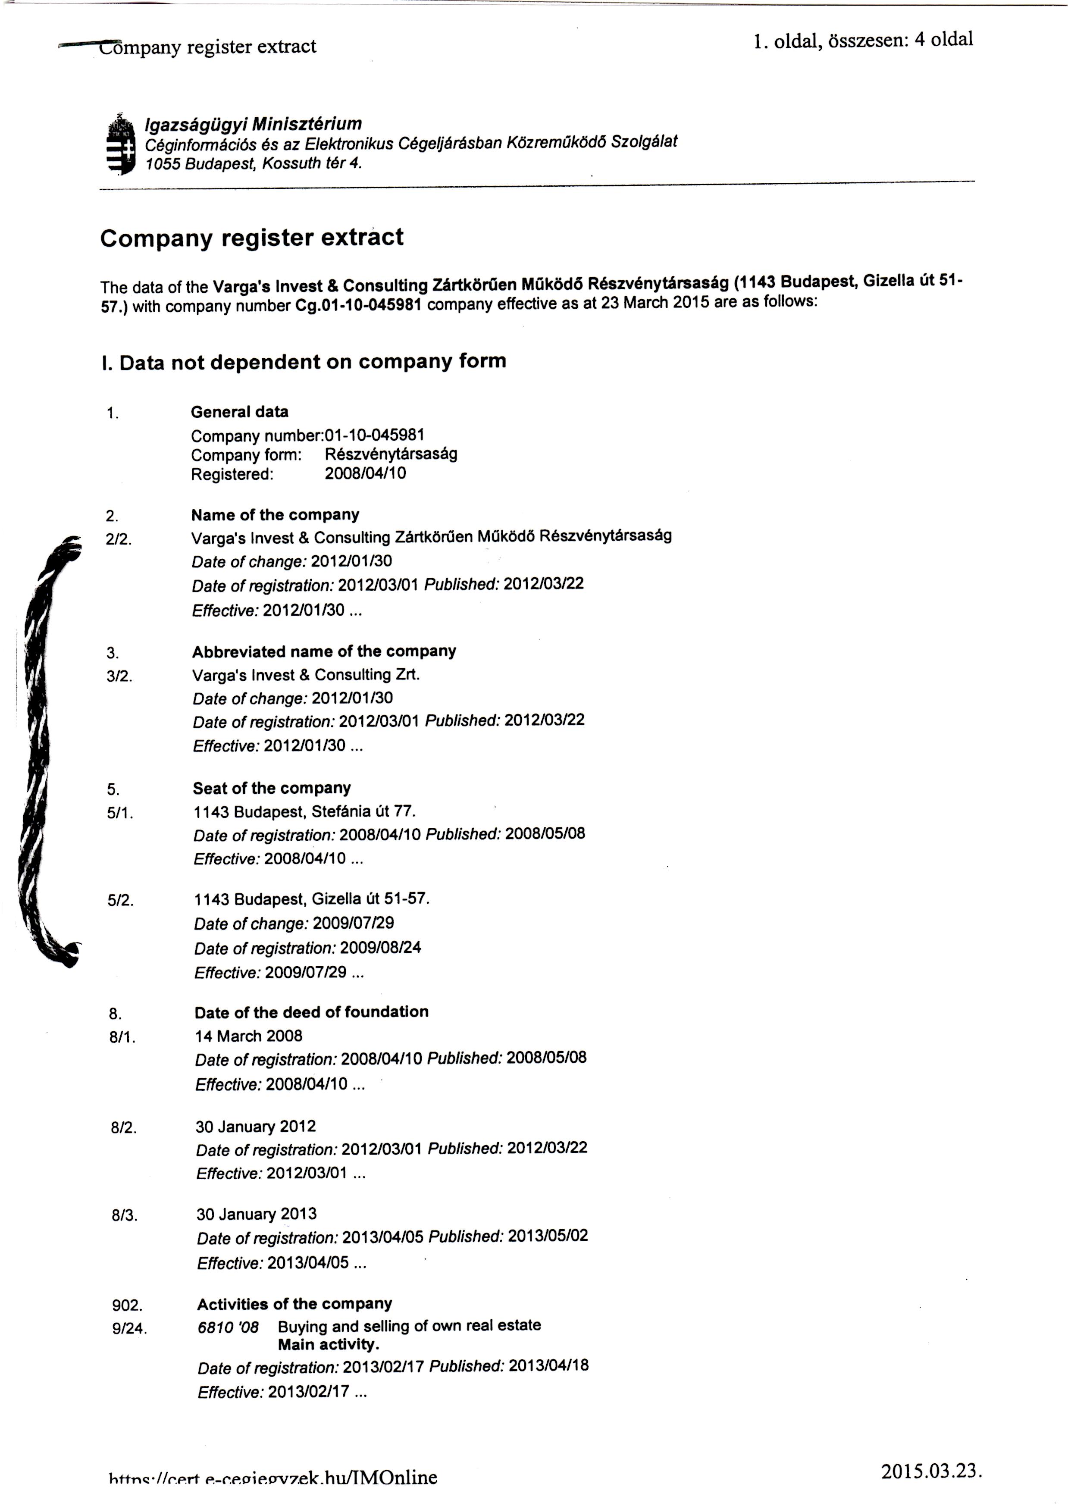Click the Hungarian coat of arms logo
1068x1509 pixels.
(x=120, y=145)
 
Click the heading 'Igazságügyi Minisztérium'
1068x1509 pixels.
(x=253, y=124)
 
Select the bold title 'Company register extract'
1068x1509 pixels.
(x=251, y=238)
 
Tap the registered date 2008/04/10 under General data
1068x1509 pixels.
(x=365, y=473)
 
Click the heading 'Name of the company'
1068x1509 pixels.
(x=275, y=515)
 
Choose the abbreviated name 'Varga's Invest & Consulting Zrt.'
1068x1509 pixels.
(x=306, y=675)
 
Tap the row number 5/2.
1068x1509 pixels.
(x=120, y=901)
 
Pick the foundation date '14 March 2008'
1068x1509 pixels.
(x=249, y=1036)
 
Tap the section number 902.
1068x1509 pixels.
(x=127, y=1305)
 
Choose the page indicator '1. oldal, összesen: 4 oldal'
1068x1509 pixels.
(x=863, y=41)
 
